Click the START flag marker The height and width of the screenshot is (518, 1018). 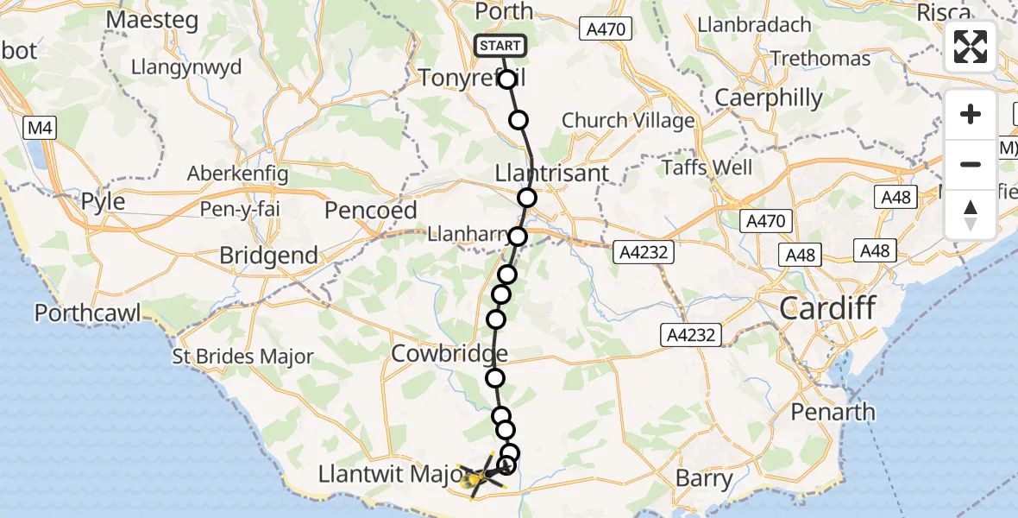click(500, 46)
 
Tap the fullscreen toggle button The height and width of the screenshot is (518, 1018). click(971, 47)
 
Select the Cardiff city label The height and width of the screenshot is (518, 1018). click(827, 307)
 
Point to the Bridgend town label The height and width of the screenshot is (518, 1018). click(268, 256)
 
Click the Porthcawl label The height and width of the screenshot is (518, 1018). click(87, 312)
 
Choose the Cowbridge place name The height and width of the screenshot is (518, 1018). click(449, 354)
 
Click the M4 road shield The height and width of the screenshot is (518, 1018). click(38, 129)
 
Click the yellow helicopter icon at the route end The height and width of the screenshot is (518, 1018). click(475, 479)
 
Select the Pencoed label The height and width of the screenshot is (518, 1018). click(371, 210)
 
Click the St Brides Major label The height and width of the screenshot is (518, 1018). click(242, 357)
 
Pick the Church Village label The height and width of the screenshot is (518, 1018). click(628, 121)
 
